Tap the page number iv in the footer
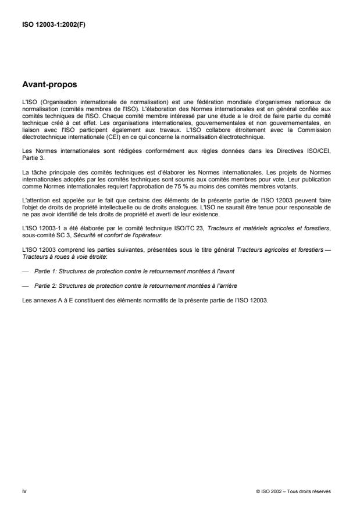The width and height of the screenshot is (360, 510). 24,491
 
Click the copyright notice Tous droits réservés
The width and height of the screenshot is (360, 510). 293,491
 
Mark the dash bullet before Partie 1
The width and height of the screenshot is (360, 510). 25,272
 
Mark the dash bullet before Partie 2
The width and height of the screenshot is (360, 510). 25,287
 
